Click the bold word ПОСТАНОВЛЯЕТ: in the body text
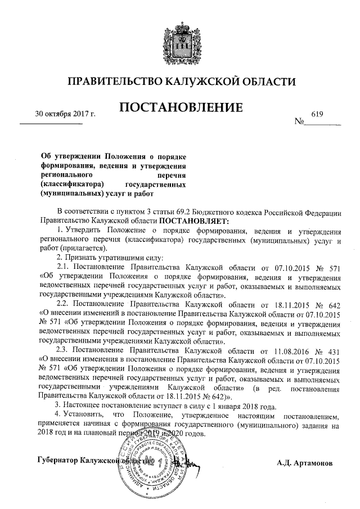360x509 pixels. click(191, 222)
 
